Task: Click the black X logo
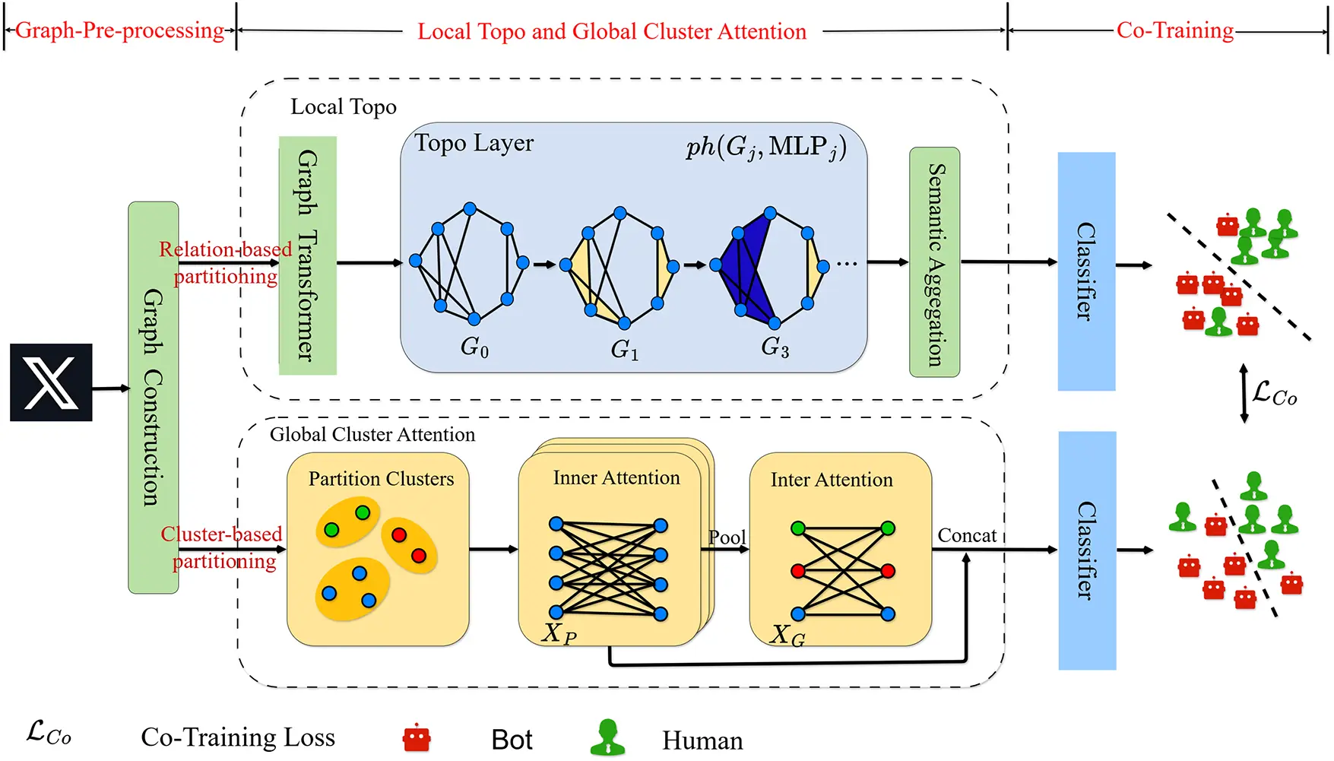pos(51,382)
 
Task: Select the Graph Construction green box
pos(153,397)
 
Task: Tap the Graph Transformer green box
pos(307,255)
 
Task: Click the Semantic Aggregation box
pos(934,262)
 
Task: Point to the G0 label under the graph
pos(474,347)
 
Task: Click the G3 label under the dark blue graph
pos(775,347)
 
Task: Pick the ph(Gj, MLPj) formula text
pos(765,147)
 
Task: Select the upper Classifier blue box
pos(1086,271)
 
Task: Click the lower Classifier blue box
pos(1086,550)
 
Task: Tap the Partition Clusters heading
pos(381,479)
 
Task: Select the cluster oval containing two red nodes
pos(409,545)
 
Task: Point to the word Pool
pos(727,537)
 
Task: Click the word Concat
pos(966,535)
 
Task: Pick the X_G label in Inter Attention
pos(787,635)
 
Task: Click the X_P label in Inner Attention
pos(559,633)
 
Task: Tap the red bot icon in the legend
pos(417,737)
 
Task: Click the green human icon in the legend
pos(607,737)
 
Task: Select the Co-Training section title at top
pos(1174,30)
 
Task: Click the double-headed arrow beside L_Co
pos(1244,393)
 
